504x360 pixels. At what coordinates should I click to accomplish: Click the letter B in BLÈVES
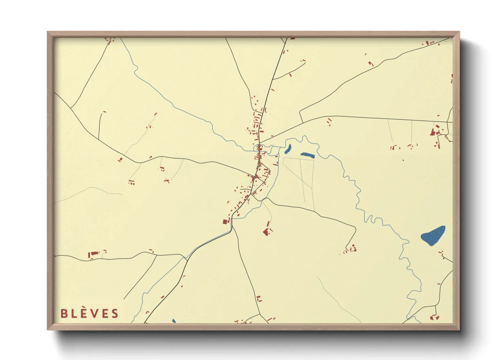[x=64, y=313]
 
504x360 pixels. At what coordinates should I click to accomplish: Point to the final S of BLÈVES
[x=115, y=313]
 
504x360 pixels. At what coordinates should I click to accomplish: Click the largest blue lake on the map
[x=433, y=235]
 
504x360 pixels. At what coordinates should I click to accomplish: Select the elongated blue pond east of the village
[x=307, y=155]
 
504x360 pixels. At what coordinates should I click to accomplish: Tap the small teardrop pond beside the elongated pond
[x=288, y=149]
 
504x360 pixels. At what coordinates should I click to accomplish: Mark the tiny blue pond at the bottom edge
[x=174, y=321]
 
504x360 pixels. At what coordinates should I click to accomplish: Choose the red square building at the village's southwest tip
[x=225, y=222]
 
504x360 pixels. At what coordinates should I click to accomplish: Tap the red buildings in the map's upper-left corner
[x=110, y=41]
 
